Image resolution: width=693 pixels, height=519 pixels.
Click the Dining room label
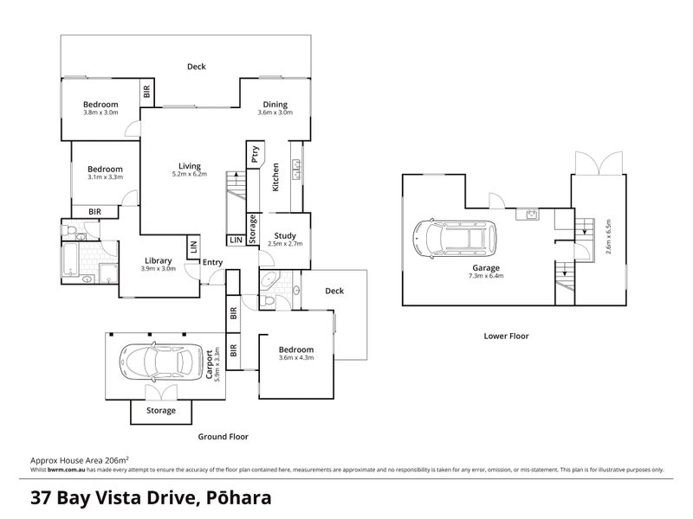(274, 103)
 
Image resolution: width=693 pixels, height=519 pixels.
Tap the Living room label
(190, 166)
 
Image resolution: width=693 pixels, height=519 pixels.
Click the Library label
(159, 260)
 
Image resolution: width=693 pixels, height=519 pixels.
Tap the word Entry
(212, 262)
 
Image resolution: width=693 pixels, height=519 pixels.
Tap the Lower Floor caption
(507, 336)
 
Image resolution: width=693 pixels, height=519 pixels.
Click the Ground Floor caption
(224, 437)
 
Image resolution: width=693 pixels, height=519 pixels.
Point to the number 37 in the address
(42, 498)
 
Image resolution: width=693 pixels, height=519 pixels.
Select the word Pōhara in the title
(240, 498)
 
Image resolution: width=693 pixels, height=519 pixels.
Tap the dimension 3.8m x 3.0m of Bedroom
(100, 112)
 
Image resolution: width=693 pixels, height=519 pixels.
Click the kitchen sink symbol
(296, 173)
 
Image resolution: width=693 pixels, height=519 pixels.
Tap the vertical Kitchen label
(275, 176)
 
